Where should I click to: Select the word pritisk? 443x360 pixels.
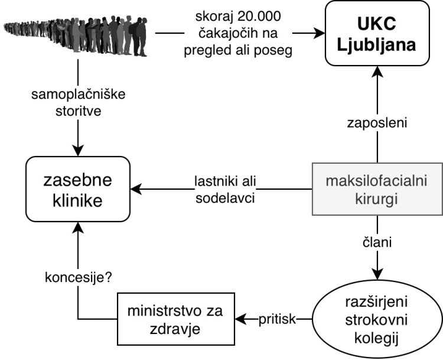pos(276,319)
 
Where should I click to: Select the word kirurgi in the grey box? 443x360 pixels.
pos(377,199)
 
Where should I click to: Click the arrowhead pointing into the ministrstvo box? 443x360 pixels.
pos(239,319)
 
